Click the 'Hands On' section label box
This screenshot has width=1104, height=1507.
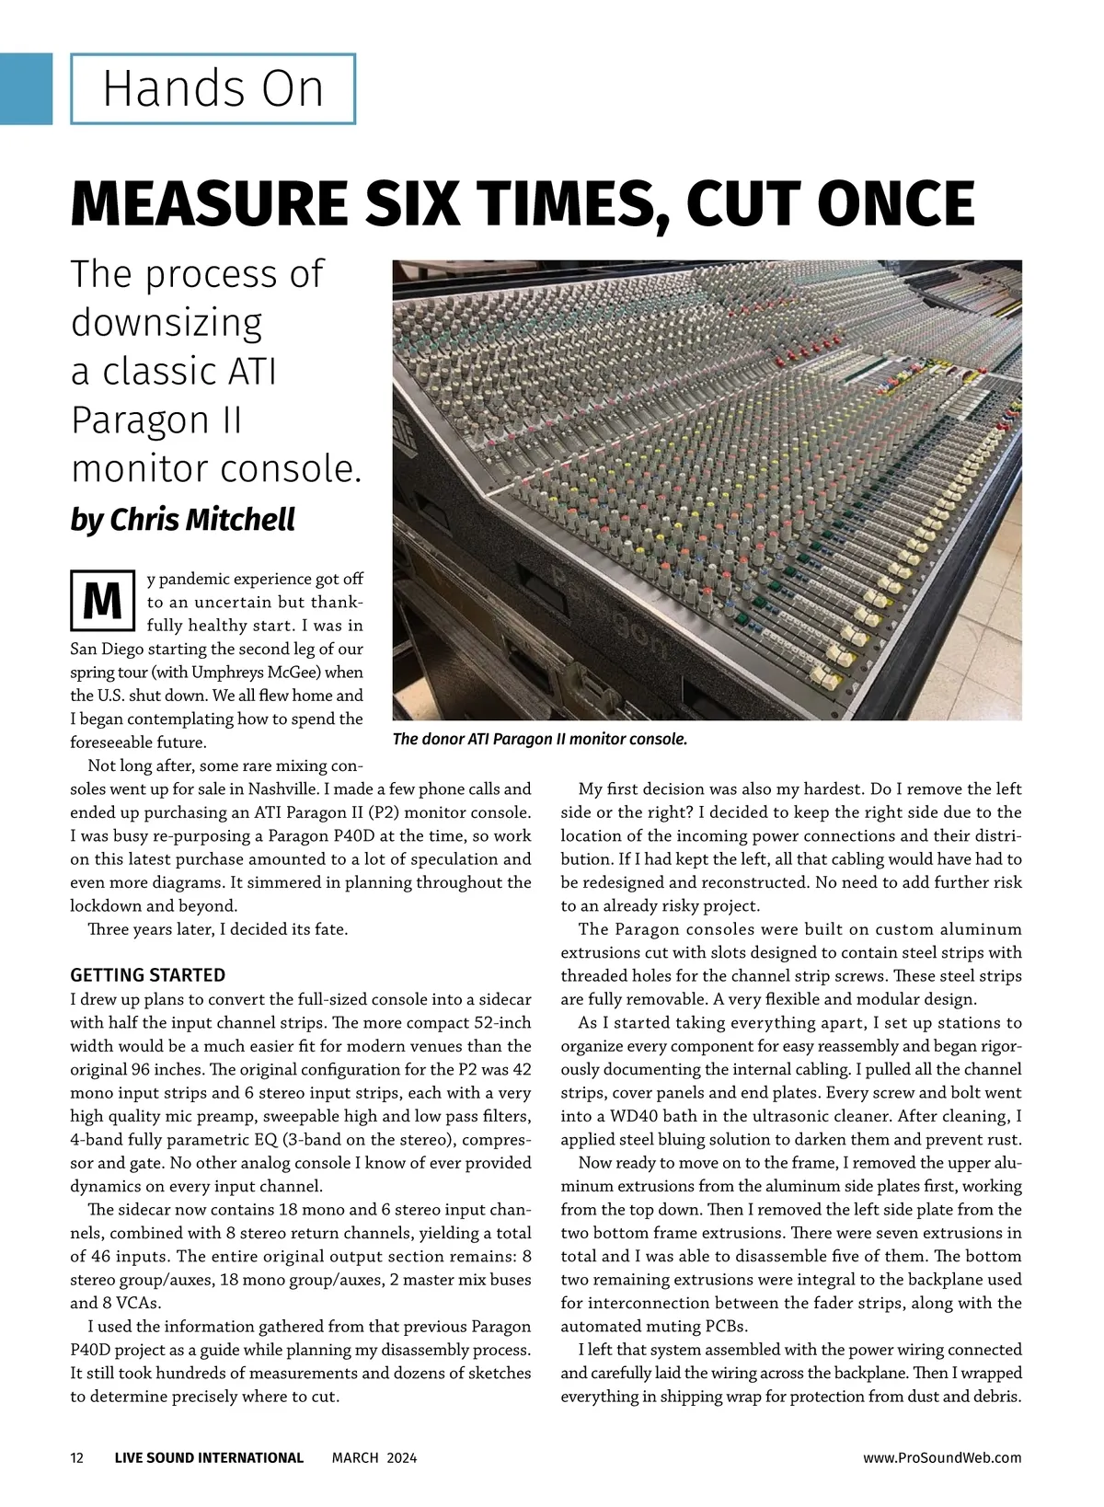pos(213,89)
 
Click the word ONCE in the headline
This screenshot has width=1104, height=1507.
pos(895,203)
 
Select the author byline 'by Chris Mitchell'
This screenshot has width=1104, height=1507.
pos(182,520)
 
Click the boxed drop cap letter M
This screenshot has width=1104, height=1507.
pos(102,601)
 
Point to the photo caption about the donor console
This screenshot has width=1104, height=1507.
pos(539,739)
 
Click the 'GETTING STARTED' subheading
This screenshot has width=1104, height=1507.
pos(147,975)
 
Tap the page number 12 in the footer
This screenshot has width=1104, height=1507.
pos(77,1457)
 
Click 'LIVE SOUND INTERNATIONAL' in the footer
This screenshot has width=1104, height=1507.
pos(209,1457)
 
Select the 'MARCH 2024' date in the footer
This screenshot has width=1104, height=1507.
pos(374,1457)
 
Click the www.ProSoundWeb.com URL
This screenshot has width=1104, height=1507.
pos(942,1457)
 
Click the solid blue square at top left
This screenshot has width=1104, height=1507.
pos(26,88)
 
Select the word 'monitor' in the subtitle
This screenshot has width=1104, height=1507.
pos(139,469)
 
